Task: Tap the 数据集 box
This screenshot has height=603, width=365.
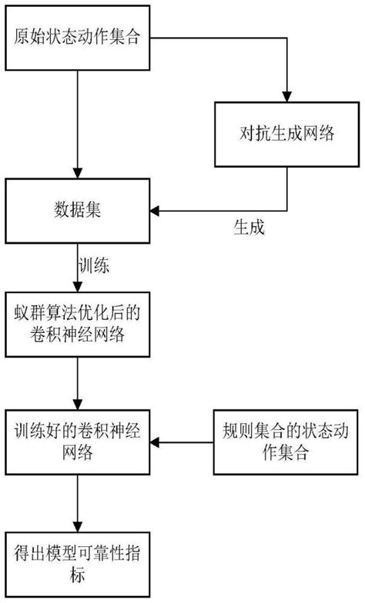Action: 77,208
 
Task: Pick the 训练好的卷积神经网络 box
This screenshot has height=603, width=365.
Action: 77,441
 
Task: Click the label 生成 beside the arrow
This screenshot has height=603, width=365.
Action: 249,227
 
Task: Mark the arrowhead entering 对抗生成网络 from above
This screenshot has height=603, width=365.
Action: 286,98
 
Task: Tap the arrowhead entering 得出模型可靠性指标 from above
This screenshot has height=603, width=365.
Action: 77,526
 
